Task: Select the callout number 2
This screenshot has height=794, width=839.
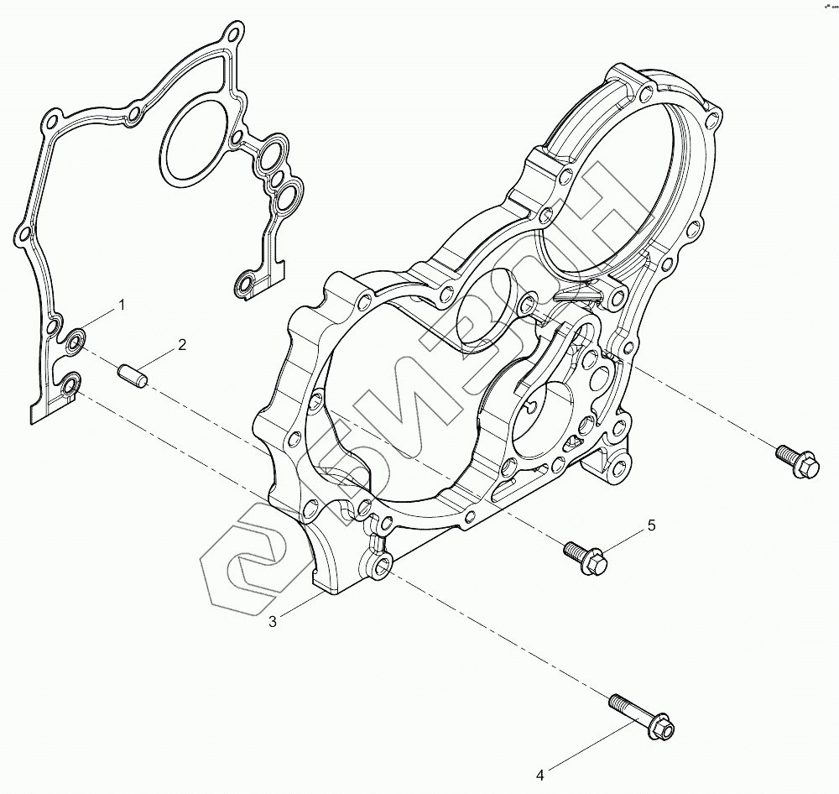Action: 180,345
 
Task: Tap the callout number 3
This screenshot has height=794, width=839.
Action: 273,621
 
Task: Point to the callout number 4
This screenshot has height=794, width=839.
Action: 540,774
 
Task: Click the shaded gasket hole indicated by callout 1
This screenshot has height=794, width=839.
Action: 76,341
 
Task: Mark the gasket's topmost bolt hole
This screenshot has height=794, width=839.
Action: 232,36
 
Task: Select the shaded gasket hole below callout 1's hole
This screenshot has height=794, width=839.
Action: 70,385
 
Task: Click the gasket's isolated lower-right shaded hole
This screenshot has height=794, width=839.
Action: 246,284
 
